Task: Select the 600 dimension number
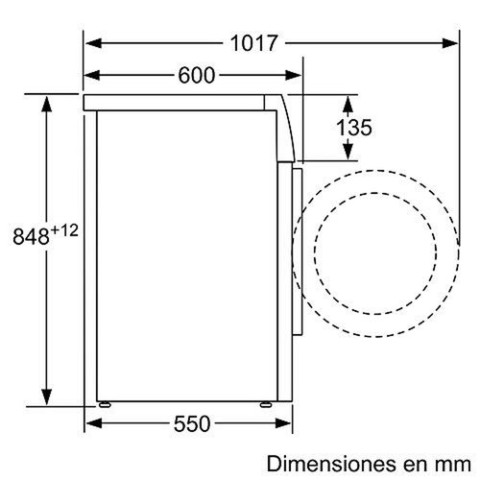[x=196, y=75]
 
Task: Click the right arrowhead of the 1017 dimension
[x=452, y=43]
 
